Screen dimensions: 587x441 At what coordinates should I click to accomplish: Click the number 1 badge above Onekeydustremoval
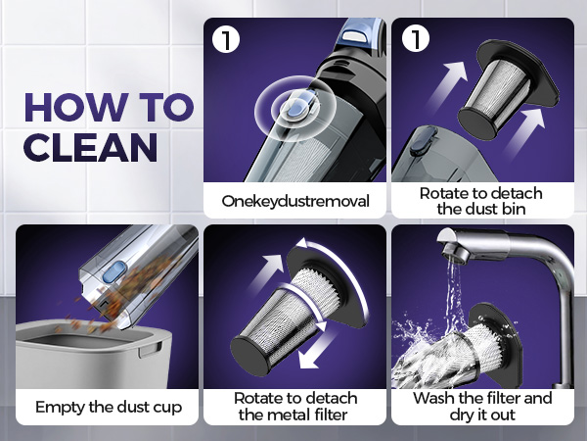click(x=226, y=39)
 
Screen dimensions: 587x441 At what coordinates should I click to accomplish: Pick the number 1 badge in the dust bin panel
click(x=416, y=39)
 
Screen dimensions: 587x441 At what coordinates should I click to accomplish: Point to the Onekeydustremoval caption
click(x=295, y=201)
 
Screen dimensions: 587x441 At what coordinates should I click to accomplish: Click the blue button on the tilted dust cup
click(x=114, y=272)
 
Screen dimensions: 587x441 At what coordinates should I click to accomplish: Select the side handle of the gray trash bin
click(x=149, y=351)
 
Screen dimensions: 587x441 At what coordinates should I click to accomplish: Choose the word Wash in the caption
click(x=433, y=398)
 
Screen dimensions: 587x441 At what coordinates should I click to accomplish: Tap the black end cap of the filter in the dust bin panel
click(x=477, y=123)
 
